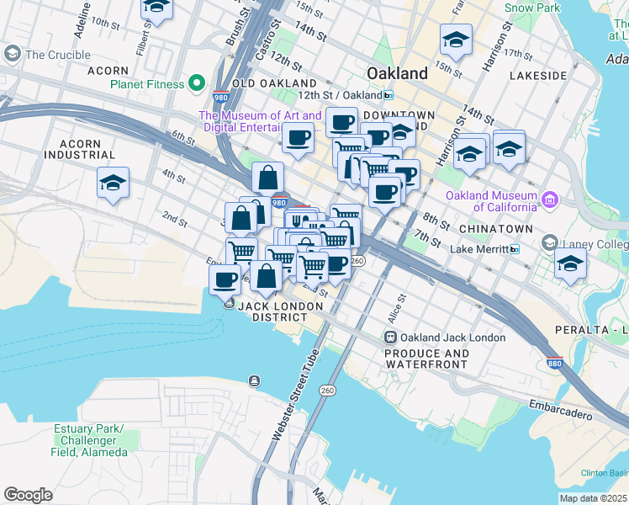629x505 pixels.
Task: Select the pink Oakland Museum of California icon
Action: tap(549, 199)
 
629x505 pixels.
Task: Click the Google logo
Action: tap(28, 494)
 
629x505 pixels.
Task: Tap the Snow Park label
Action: tap(532, 8)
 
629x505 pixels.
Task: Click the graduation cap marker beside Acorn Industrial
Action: tap(113, 183)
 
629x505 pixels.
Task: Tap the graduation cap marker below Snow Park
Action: tap(456, 40)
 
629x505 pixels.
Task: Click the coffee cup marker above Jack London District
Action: tap(225, 279)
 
